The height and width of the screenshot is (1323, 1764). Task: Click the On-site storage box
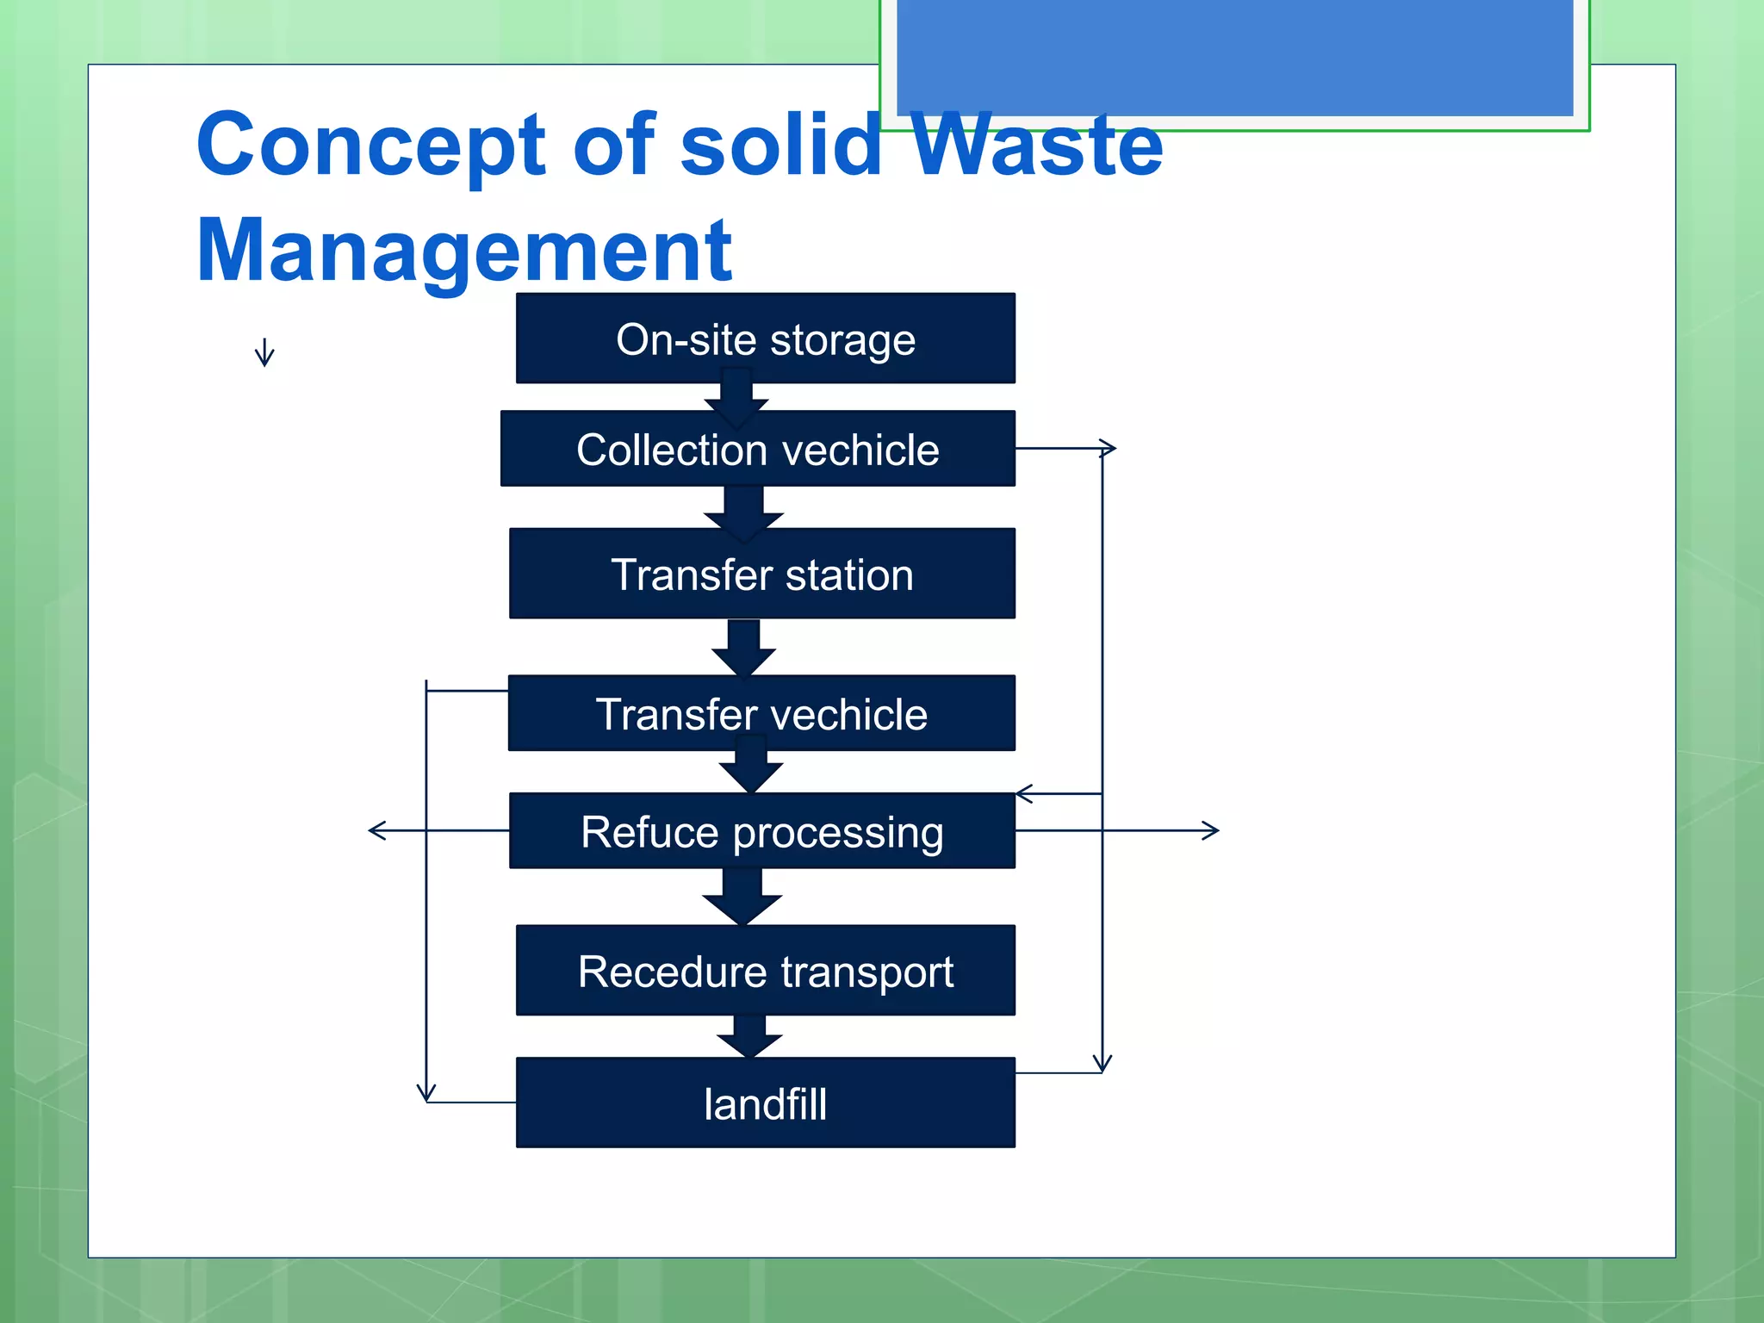765,338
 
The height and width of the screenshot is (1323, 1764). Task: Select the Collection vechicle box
757,449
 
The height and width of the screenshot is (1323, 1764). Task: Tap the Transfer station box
761,574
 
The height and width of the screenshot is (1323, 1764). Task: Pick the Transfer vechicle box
761,713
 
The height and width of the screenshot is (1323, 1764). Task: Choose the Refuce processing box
761,830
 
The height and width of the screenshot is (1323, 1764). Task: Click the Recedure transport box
765,971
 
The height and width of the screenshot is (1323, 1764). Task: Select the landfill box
765,1102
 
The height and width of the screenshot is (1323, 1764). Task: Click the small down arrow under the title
264,353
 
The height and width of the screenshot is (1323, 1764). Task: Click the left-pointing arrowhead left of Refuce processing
376,830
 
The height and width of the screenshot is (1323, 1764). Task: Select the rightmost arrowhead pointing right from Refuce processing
1211,830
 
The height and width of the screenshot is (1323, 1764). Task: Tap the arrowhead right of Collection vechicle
1109,448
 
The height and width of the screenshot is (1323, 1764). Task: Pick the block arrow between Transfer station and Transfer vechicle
743,648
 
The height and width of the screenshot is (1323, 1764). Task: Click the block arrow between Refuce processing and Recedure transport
742,898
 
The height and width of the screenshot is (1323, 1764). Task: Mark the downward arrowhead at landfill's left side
426,1092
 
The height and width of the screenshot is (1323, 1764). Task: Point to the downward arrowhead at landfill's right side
1102,1063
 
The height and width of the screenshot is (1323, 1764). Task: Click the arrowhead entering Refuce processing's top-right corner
1024,793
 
